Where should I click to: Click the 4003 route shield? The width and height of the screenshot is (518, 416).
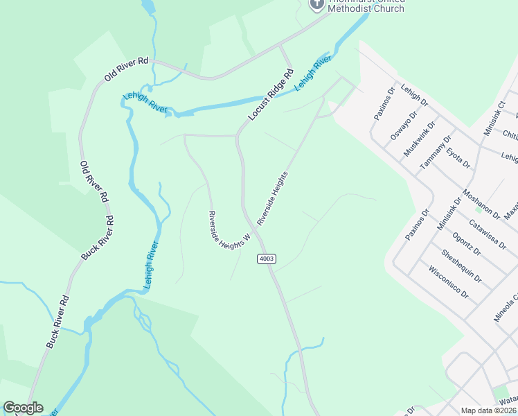(x=267, y=259)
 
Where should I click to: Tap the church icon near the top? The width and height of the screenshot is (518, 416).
(x=316, y=3)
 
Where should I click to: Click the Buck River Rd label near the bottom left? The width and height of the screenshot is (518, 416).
(x=58, y=322)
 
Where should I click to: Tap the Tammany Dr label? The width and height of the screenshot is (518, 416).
(x=435, y=157)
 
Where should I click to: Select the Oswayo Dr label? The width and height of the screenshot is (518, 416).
(x=404, y=125)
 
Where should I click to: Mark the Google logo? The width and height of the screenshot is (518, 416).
(x=23, y=408)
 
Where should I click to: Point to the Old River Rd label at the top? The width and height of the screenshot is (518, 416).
(x=127, y=69)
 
